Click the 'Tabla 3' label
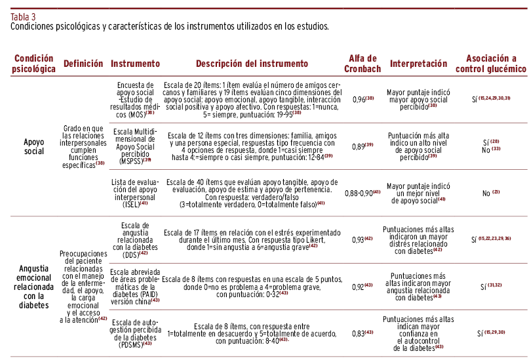click(x=24, y=17)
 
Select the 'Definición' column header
click(x=83, y=64)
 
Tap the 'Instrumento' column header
click(x=136, y=64)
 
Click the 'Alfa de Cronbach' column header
click(x=362, y=64)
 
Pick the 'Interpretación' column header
click(x=419, y=64)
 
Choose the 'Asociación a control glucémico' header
click(x=490, y=64)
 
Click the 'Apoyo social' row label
click(x=33, y=146)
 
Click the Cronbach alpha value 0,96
click(x=363, y=99)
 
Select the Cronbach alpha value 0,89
click(x=363, y=147)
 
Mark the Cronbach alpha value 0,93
click(x=363, y=241)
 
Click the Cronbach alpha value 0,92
click(x=363, y=287)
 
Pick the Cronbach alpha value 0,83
click(x=363, y=333)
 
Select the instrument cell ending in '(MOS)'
click(x=136, y=99)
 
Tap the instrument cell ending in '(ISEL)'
click(x=136, y=193)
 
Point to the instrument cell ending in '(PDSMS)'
click(x=136, y=333)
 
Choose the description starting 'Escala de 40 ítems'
click(x=252, y=193)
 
